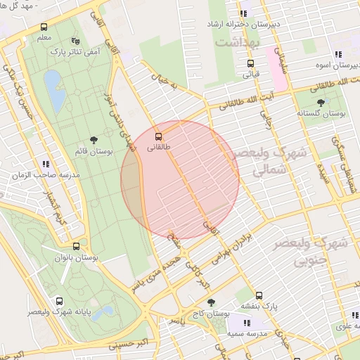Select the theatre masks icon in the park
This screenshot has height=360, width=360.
(x=76, y=41)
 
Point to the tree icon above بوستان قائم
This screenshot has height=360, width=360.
(x=94, y=141)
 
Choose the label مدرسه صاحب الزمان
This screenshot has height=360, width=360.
(x=49, y=174)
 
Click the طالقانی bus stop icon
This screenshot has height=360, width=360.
(x=157, y=136)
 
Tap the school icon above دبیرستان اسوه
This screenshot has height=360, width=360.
(x=338, y=54)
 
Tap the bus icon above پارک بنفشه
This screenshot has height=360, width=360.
(x=259, y=295)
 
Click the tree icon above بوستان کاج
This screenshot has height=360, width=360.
(x=211, y=302)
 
